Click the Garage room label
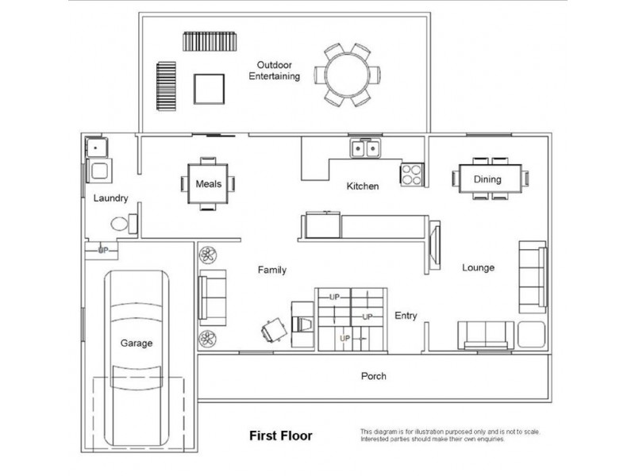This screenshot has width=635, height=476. point(137,344)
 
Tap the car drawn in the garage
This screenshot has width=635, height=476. point(137,359)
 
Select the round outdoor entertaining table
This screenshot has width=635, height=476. point(348,75)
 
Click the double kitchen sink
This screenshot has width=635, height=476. point(365,148)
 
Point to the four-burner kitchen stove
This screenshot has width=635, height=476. point(412,175)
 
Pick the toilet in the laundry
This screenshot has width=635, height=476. point(124,224)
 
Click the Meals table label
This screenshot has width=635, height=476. point(209,184)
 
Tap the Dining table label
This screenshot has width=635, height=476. point(487,179)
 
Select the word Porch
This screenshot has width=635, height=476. point(373,376)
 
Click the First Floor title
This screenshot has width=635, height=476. point(281,436)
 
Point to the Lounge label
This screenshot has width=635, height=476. point(479,267)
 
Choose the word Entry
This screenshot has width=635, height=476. point(406,316)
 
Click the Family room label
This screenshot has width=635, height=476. point(272,270)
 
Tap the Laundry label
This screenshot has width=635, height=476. point(110,198)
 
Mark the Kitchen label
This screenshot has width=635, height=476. point(363,186)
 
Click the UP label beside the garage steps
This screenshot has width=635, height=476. point(103,250)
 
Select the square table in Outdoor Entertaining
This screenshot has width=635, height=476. point(209,89)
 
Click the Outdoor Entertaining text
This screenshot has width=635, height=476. point(274,71)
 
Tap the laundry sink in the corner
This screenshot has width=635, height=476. point(96,148)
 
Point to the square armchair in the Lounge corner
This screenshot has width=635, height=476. point(531,334)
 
